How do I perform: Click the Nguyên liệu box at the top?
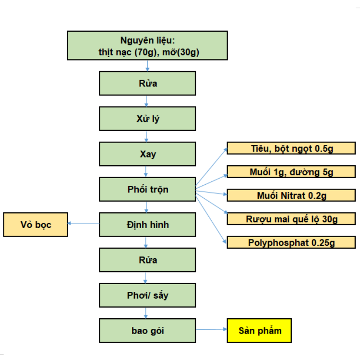tap(147, 46)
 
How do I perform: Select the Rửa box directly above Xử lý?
tap(147, 83)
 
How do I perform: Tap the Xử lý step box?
tap(147, 119)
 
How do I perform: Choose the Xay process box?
tap(147, 154)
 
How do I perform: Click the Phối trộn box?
tap(147, 189)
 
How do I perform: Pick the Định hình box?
tap(147, 225)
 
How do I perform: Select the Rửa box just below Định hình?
tap(147, 260)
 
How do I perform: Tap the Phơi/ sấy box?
tap(147, 295)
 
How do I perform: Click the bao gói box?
tap(147, 331)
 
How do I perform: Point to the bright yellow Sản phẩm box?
tap(259, 330)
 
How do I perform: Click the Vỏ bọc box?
tap(36, 225)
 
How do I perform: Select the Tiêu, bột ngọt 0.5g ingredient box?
tap(291, 148)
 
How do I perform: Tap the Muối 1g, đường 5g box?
tap(291, 172)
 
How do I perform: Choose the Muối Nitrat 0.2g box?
tap(291, 195)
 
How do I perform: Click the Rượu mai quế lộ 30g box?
tap(291, 219)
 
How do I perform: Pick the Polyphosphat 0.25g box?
tap(291, 242)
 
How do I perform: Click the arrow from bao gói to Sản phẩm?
tap(211, 330)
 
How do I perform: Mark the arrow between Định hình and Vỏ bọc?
tap(84, 223)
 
